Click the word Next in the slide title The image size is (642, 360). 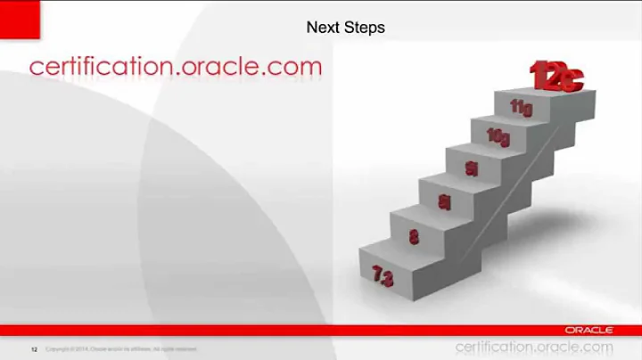click(322, 28)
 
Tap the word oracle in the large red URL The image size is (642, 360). click(219, 67)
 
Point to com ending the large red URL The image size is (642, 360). click(294, 67)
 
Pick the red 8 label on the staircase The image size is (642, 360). click(414, 237)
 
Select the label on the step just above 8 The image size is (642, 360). click(443, 203)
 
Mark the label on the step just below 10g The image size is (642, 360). click(471, 168)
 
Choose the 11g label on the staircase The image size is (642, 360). click(523, 107)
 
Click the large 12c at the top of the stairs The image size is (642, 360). click(556, 76)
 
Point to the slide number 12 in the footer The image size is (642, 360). click(35, 348)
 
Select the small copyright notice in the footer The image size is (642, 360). click(120, 348)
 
